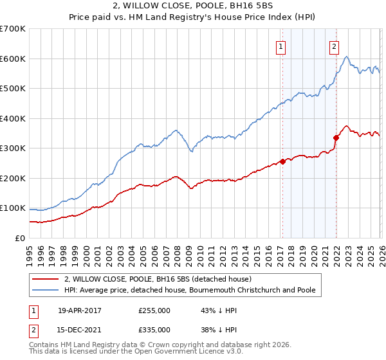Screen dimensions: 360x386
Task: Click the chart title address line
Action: (x=193, y=6)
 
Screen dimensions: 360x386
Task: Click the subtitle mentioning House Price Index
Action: (x=193, y=18)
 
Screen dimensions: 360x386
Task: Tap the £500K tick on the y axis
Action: (x=13, y=88)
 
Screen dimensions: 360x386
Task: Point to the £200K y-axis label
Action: (x=13, y=178)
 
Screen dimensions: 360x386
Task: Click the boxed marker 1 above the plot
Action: (x=282, y=46)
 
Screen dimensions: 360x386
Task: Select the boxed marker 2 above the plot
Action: (x=335, y=46)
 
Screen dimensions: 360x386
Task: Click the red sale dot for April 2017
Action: (x=282, y=161)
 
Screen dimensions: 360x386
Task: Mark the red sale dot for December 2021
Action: (x=336, y=138)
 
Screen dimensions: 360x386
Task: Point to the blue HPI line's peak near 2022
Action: (x=347, y=57)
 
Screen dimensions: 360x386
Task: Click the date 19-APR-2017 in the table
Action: (x=80, y=310)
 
